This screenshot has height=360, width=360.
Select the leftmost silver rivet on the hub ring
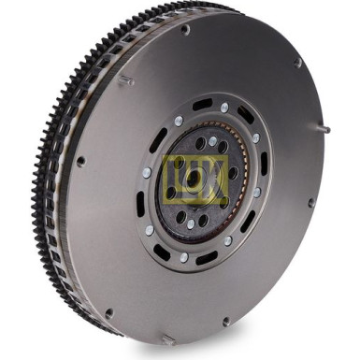pos(146,173)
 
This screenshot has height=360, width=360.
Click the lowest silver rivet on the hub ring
pos(183,257)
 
